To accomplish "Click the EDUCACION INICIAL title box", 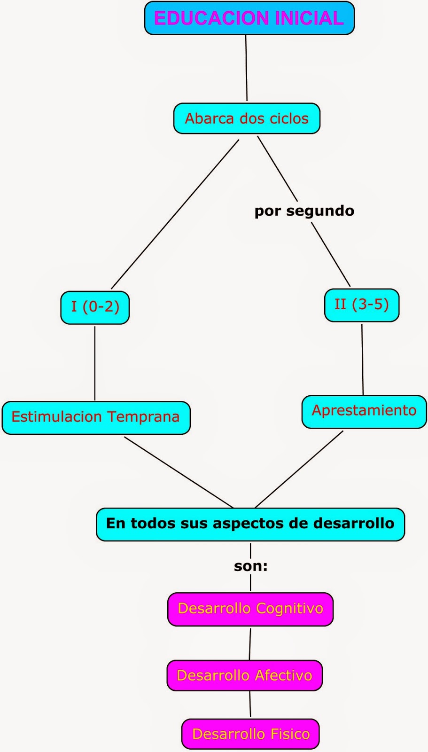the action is [249, 18].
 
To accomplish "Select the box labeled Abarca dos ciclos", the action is [247, 118].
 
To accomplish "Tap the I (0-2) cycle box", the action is [95, 307].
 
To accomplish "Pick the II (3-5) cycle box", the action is [361, 305].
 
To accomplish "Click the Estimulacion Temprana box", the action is [96, 417].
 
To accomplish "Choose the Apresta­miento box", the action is [364, 411].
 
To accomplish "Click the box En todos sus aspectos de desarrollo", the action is [250, 524].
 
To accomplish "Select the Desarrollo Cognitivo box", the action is [250, 609].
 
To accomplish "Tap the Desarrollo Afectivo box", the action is [244, 676].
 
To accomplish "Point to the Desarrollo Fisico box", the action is [250, 734].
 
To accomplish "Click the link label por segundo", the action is [304, 211].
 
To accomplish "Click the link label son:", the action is [250, 566].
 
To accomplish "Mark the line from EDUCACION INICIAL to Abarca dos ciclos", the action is [246, 68].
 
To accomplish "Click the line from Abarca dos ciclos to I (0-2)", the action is [175, 214].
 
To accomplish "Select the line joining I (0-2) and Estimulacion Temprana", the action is [95, 363].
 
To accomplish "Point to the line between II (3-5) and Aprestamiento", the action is [362, 360].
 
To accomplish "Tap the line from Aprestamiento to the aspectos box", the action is [299, 469].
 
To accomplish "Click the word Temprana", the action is [143, 417].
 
